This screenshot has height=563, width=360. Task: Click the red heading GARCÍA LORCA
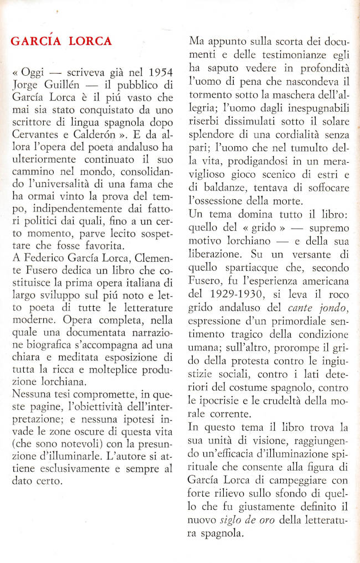61,41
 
